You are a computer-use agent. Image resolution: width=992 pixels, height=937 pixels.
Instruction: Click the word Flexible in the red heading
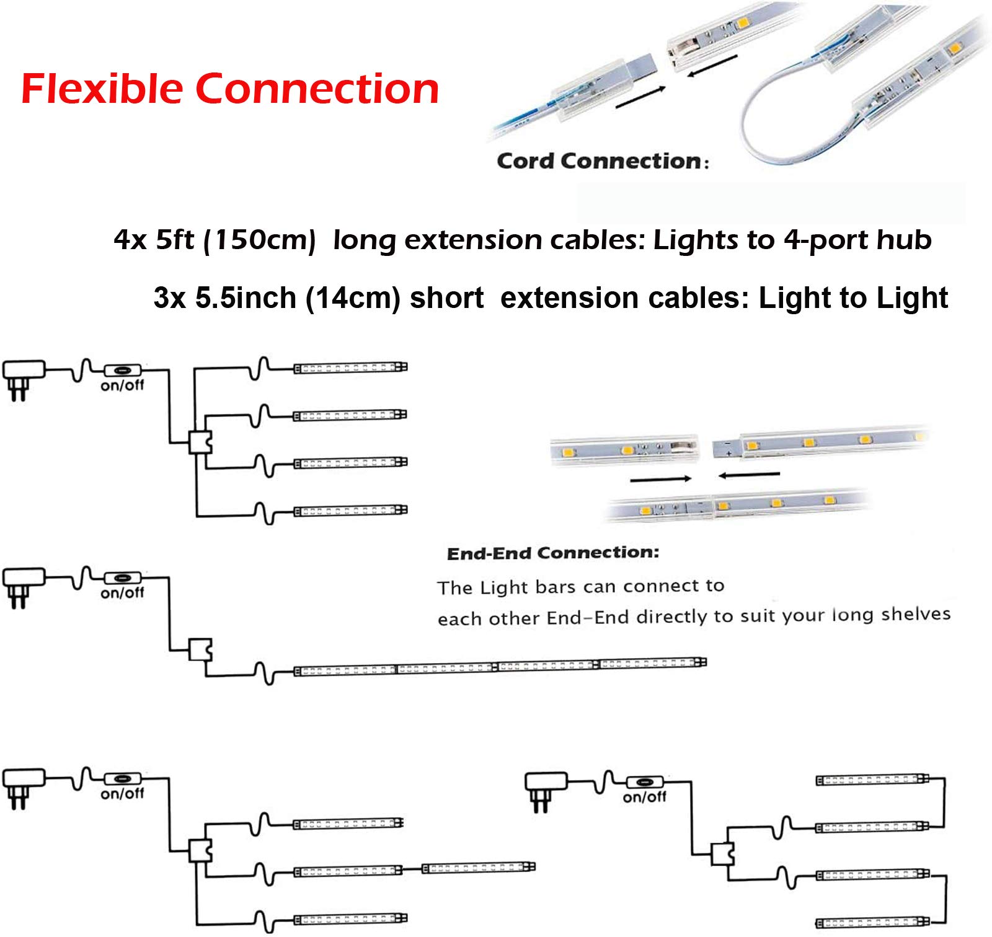click(x=102, y=88)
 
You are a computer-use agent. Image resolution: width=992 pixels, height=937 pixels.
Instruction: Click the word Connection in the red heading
click(x=317, y=88)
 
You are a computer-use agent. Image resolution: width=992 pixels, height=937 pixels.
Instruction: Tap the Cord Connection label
click(x=602, y=161)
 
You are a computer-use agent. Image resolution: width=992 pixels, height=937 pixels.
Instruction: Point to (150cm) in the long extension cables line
click(x=260, y=240)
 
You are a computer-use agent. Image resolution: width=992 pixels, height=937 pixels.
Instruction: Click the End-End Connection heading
click(x=553, y=553)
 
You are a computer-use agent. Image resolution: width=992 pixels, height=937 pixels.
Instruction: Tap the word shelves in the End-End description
click(x=916, y=614)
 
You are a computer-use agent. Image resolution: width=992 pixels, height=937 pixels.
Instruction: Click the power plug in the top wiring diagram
click(x=23, y=379)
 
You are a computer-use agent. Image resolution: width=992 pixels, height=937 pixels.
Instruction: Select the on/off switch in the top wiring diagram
click(x=122, y=371)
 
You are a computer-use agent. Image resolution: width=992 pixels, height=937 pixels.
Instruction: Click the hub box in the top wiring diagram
click(x=200, y=442)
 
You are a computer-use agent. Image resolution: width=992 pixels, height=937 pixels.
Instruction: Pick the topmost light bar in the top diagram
click(x=350, y=367)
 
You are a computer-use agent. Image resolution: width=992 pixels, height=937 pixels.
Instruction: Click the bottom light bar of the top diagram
click(x=350, y=511)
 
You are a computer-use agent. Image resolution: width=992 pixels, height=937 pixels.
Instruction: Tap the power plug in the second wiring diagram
click(x=23, y=586)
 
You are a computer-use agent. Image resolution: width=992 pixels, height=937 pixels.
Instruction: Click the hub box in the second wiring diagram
click(x=200, y=650)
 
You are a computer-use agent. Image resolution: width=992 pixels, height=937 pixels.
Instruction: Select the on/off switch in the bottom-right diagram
click(x=645, y=783)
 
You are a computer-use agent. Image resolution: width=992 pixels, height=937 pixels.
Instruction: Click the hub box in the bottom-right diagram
click(x=722, y=854)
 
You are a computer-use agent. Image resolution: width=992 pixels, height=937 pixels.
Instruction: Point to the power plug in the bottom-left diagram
click(x=23, y=788)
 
